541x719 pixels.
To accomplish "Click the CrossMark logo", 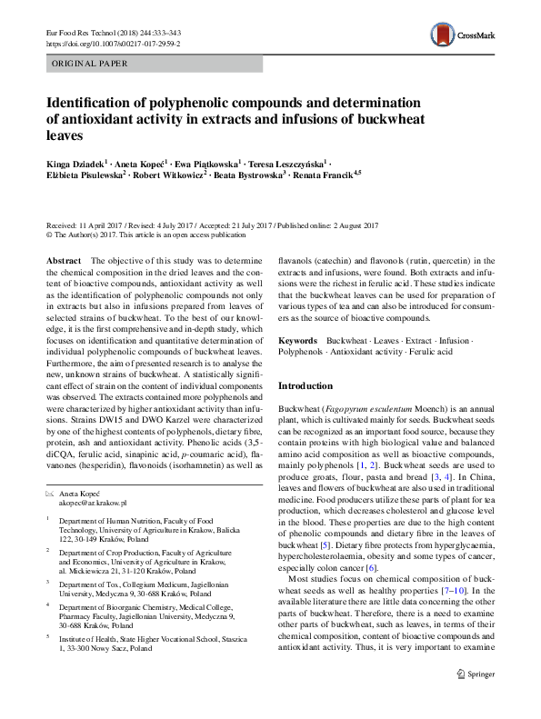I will [463, 35].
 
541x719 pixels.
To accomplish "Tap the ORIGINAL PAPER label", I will [89, 64].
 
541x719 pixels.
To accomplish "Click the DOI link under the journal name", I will [112, 43].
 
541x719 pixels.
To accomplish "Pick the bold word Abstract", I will [65, 260].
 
